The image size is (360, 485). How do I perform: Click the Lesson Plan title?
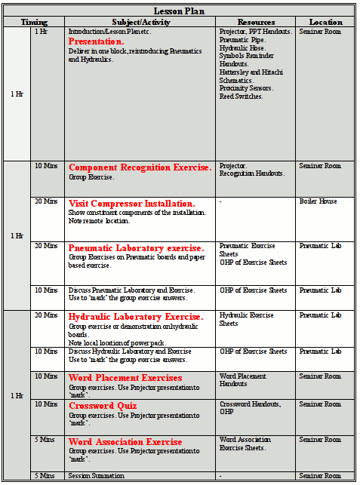click(x=180, y=11)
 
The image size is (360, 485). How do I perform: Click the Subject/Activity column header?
click(x=141, y=22)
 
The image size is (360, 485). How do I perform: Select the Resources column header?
click(x=256, y=22)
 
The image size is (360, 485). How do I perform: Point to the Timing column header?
click(x=34, y=22)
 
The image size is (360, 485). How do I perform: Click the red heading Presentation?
click(x=96, y=41)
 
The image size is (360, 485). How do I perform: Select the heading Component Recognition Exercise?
click(x=140, y=167)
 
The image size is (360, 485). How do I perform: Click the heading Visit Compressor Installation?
click(x=131, y=204)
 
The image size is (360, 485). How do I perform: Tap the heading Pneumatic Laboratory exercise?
click(x=136, y=248)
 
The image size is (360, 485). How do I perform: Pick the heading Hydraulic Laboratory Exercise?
click(x=135, y=317)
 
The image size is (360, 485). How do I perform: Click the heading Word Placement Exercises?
click(x=125, y=378)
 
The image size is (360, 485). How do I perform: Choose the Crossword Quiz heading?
click(x=101, y=406)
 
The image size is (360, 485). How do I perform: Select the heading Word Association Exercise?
click(x=125, y=441)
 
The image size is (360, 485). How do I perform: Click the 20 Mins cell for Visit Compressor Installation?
click(x=45, y=201)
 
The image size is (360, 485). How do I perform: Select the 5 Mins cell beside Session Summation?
click(x=44, y=476)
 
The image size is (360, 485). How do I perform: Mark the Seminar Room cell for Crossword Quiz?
click(x=320, y=404)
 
